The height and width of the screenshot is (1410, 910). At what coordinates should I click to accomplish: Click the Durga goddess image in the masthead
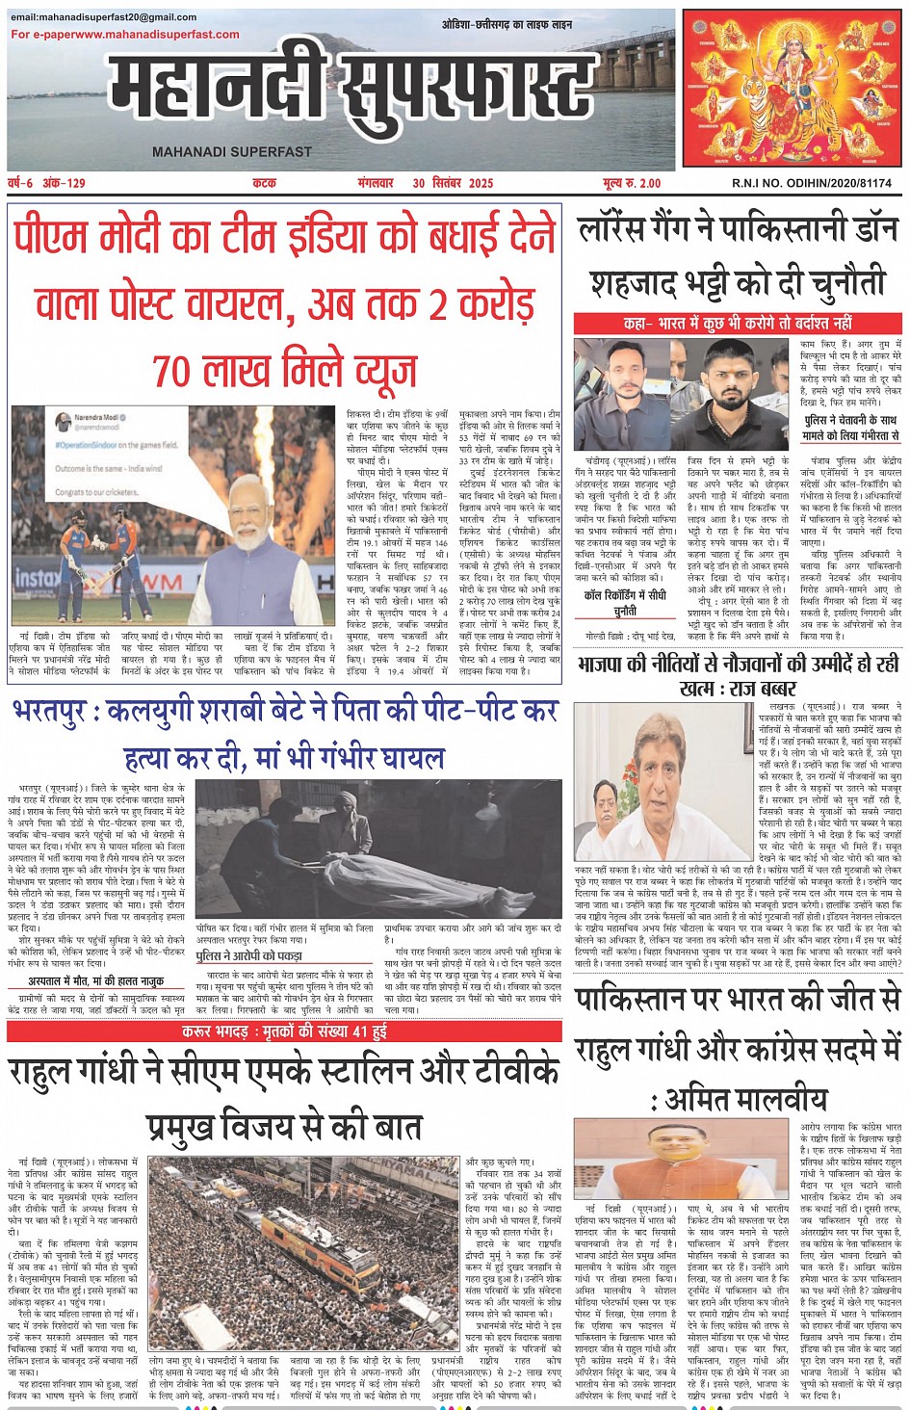click(793, 89)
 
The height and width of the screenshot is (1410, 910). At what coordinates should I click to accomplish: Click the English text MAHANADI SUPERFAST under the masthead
click(232, 151)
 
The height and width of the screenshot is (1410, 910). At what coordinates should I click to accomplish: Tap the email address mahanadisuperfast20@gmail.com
click(103, 17)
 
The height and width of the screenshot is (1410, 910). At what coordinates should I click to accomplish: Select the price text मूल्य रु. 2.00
click(632, 183)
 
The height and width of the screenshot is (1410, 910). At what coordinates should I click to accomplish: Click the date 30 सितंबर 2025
click(453, 183)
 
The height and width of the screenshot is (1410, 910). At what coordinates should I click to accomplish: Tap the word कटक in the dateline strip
click(264, 183)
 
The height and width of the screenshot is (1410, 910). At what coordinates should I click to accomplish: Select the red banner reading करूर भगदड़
click(284, 1031)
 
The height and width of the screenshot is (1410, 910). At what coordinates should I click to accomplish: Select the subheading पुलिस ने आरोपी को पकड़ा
click(248, 955)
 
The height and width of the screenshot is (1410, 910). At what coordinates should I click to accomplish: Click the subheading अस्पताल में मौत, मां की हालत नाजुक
click(95, 981)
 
